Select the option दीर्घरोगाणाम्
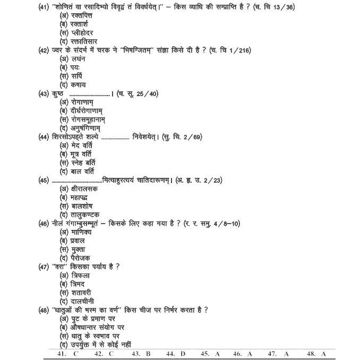coord(87,111)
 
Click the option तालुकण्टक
coord(85,215)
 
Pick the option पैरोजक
coord(80,258)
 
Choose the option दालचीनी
coord(82,301)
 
